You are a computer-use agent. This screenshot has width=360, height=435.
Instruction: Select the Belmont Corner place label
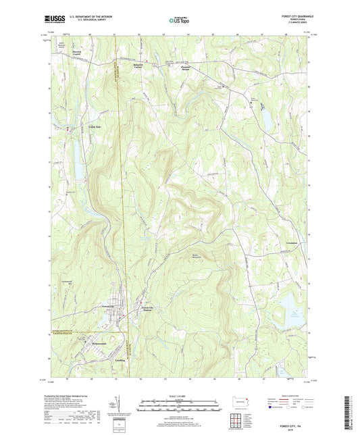pos(138,66)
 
